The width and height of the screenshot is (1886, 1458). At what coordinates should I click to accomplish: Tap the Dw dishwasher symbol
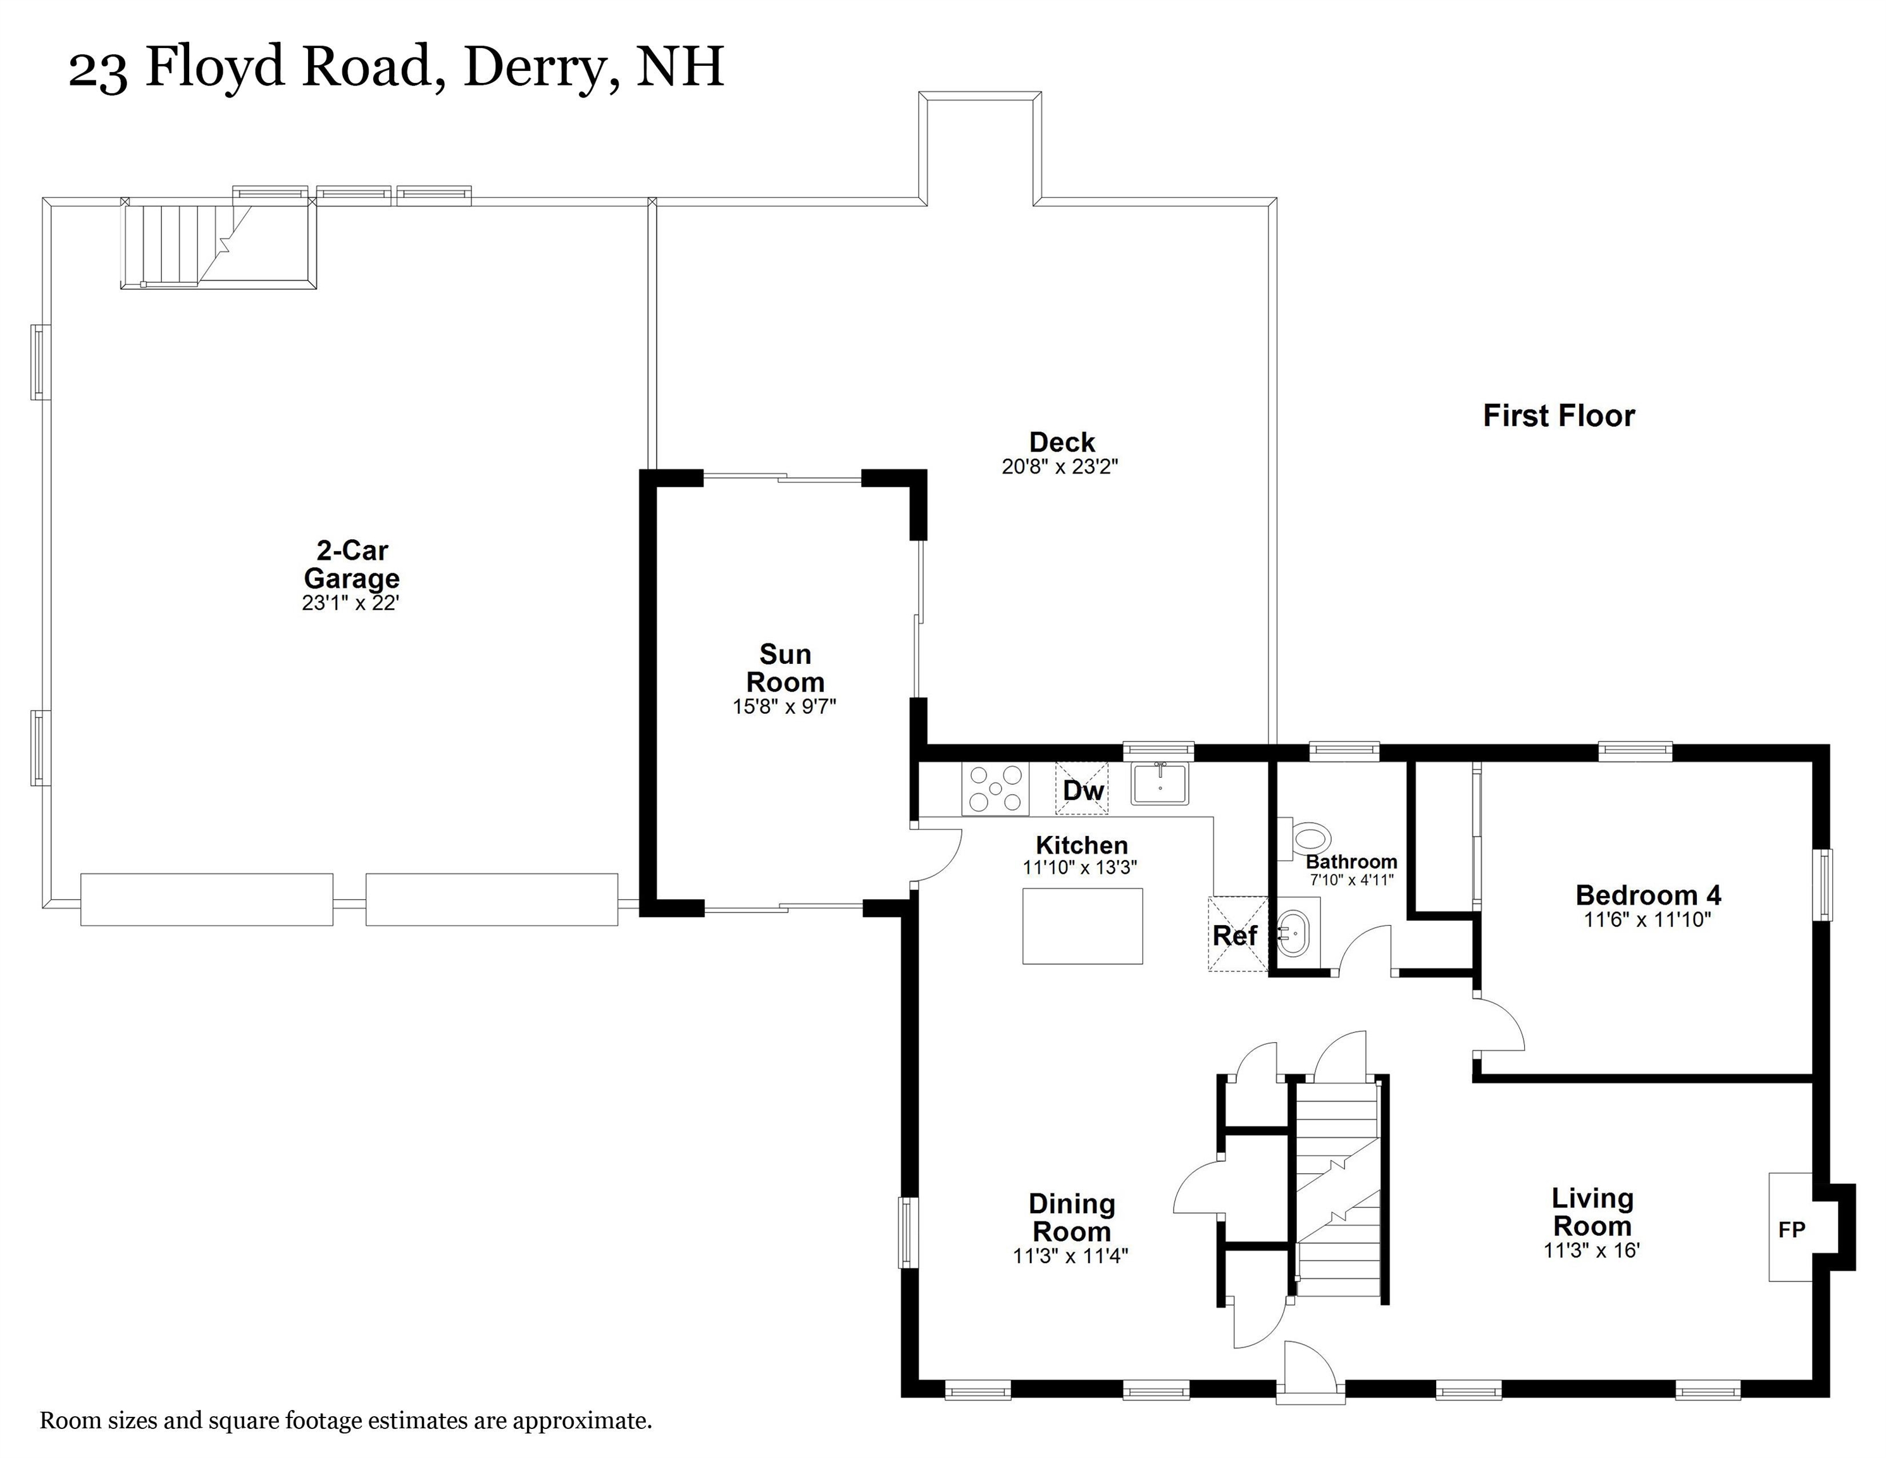click(1082, 790)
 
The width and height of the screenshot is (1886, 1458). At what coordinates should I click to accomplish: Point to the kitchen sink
click(1160, 784)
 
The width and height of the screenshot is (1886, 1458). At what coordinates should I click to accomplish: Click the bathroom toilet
click(1308, 838)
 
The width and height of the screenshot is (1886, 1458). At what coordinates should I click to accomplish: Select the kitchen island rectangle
click(1082, 926)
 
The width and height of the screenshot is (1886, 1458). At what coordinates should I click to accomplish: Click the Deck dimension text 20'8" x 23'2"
click(1060, 467)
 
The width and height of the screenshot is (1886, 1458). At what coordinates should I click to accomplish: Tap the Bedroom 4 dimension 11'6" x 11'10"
click(1647, 920)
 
